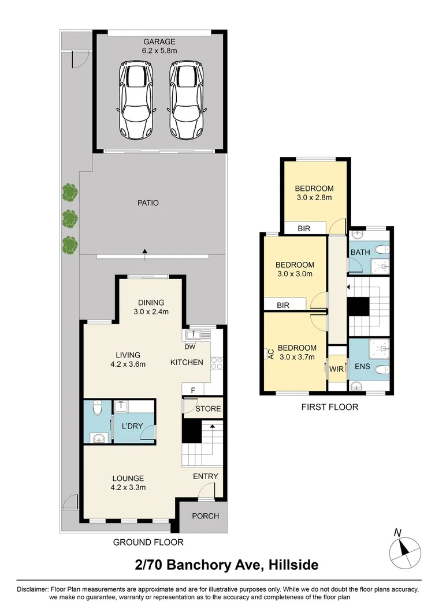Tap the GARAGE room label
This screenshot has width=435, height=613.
tap(159, 42)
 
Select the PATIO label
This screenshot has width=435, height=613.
tap(148, 203)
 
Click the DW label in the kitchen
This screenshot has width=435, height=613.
tap(190, 347)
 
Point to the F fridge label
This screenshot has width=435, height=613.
tap(193, 390)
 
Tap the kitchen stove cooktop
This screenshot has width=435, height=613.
tap(217, 363)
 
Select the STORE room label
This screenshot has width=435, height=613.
tap(209, 408)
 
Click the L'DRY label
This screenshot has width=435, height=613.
tap(132, 426)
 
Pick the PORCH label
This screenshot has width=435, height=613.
tap(206, 516)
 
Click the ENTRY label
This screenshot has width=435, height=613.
tap(206, 476)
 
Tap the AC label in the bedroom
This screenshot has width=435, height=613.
tap(270, 354)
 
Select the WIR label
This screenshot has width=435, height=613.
tap(337, 369)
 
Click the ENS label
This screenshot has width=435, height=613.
tap(362, 366)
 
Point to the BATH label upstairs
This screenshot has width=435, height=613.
tap(360, 252)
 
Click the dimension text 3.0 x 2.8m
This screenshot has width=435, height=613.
tap(314, 197)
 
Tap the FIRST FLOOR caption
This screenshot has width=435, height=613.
tap(330, 407)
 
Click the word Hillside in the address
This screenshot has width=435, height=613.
tap(293, 565)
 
